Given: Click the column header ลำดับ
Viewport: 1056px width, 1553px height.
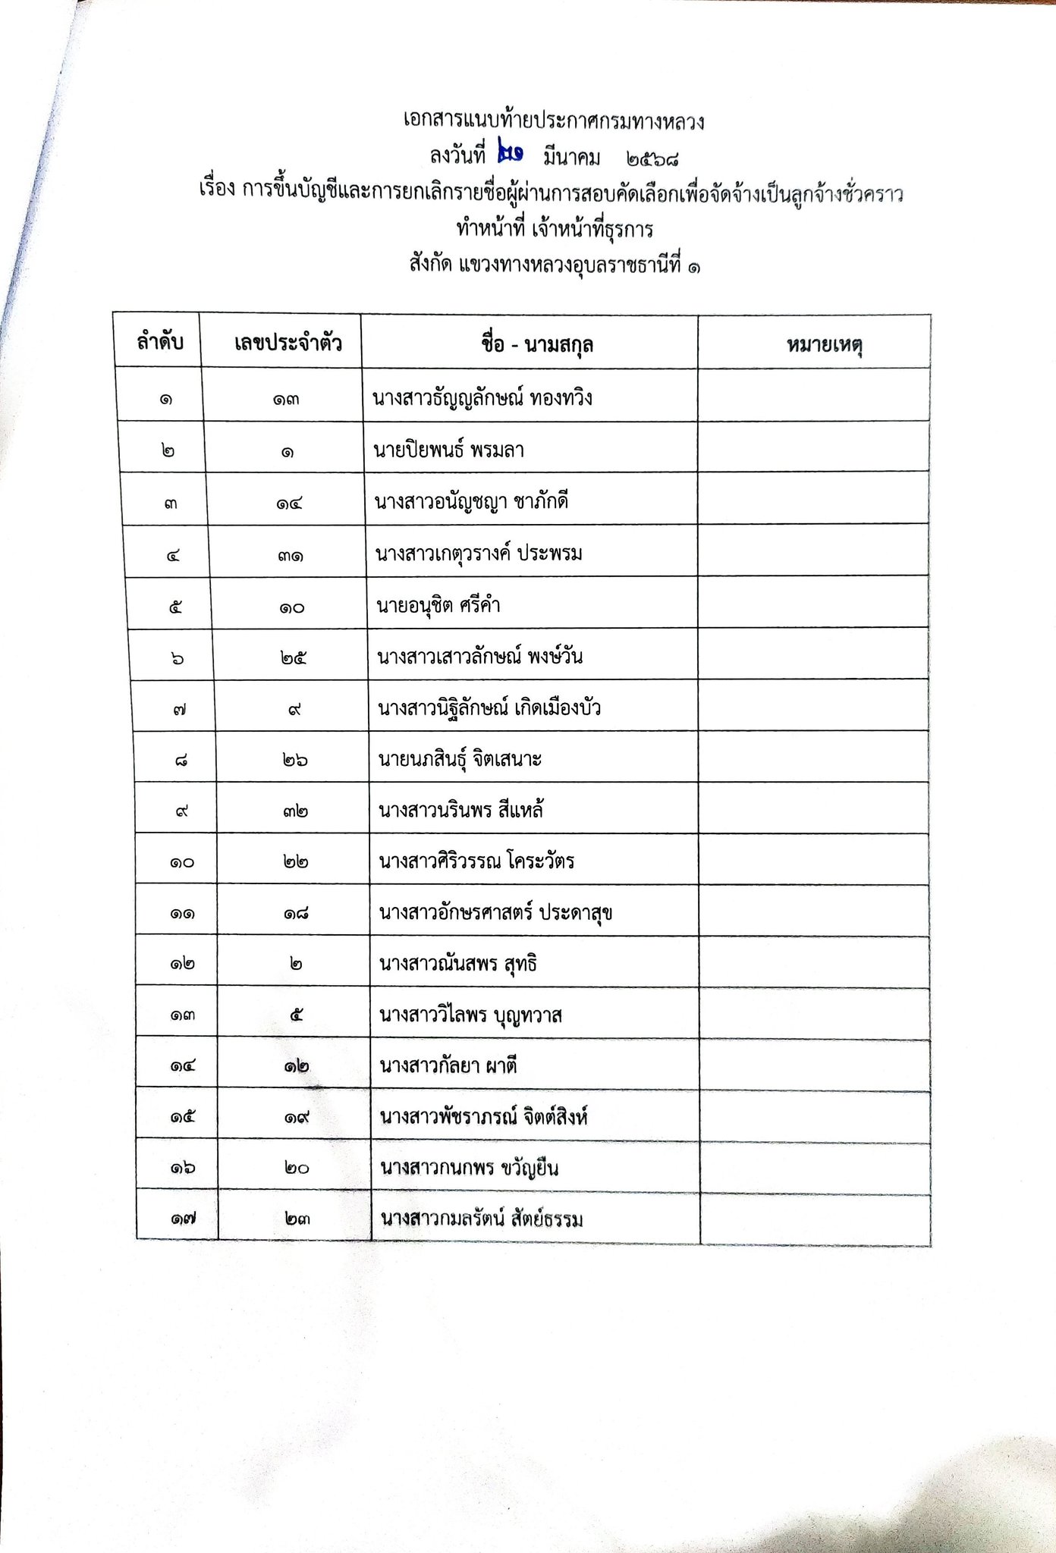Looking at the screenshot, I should (x=160, y=343).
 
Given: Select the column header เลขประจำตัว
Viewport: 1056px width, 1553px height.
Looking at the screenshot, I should (x=288, y=344).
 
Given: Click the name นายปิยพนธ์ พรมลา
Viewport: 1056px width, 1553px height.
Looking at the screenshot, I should (x=448, y=450).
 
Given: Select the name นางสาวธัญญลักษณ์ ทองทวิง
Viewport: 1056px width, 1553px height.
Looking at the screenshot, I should (x=482, y=398).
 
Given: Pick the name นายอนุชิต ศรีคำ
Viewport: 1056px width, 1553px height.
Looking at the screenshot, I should (x=438, y=605).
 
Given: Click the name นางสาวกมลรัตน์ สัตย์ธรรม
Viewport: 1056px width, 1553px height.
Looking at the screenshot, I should (x=482, y=1219).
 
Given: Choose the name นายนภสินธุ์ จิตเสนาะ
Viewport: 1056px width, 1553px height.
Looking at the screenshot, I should (x=460, y=759).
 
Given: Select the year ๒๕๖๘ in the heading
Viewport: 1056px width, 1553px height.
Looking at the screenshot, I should (x=652, y=158).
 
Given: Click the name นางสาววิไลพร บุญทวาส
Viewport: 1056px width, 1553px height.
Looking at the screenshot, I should (x=470, y=1015).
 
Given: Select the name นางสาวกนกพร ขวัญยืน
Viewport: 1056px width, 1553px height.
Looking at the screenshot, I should (x=469, y=1168).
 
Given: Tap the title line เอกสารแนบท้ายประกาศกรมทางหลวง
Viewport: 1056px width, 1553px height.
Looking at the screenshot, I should (x=554, y=121).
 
